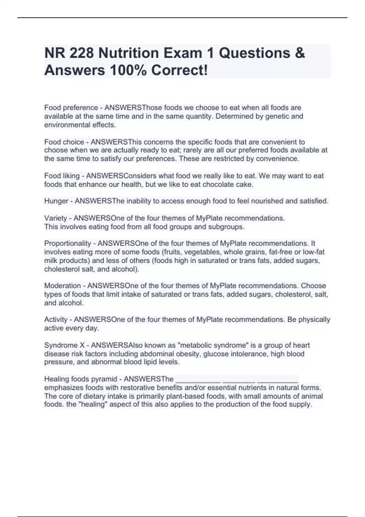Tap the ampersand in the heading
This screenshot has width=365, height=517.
click(x=300, y=53)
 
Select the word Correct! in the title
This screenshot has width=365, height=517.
click(x=180, y=70)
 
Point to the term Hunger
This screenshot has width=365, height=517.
click(x=56, y=201)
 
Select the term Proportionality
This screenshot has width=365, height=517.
click(x=68, y=243)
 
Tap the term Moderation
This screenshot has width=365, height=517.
click(x=62, y=286)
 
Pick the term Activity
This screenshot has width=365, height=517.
click(x=56, y=319)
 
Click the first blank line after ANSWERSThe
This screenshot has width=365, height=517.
click(x=198, y=380)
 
